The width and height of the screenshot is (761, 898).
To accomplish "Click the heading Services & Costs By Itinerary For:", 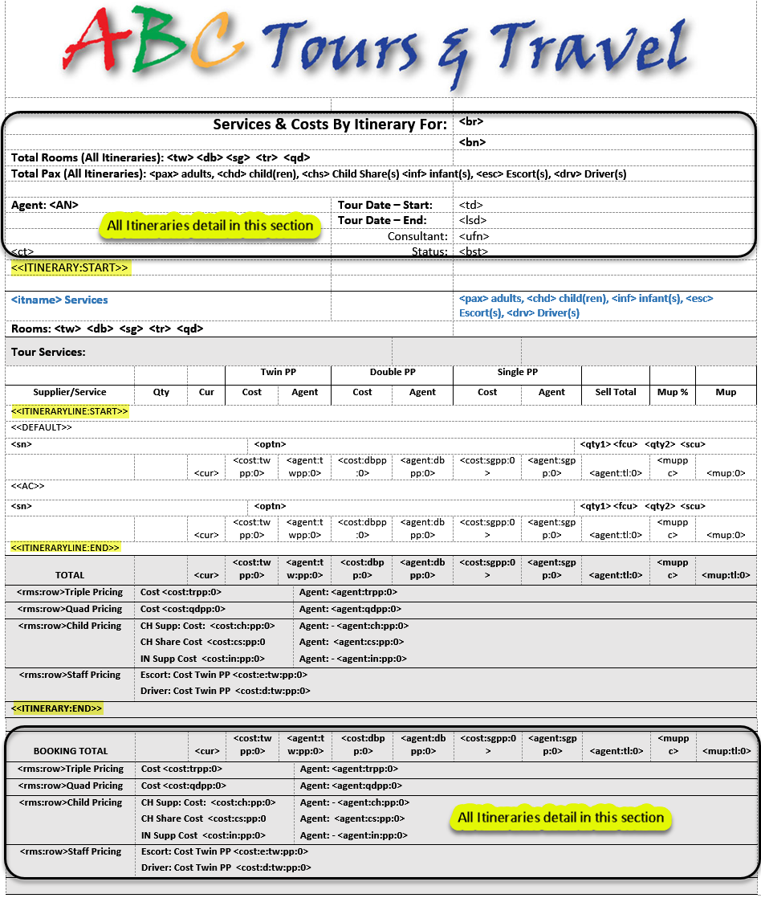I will point(330,124).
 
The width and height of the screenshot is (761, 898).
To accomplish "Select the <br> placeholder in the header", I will point(471,122).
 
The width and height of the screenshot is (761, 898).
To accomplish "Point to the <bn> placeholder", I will point(472,142).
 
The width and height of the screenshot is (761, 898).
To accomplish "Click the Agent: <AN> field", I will point(45,205).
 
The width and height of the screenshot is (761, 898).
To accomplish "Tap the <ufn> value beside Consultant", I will point(474,236).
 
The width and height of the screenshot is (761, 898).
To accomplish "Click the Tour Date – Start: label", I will point(385,205).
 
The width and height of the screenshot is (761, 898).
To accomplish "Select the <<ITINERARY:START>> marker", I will point(69,267).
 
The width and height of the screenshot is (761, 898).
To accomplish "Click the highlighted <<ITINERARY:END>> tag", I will point(56,708).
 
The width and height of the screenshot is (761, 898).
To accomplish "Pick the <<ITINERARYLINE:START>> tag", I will point(69,411).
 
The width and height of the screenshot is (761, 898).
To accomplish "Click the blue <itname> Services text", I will point(59,300).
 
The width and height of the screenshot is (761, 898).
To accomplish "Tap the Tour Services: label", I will point(48,352).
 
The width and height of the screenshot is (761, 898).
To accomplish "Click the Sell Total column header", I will point(616,392).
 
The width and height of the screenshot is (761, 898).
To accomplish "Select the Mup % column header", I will point(673,392).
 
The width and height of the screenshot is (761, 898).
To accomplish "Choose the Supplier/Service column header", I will point(70,392).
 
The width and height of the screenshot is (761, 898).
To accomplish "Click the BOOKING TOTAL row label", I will point(71,751).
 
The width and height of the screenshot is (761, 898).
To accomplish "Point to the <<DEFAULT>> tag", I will point(42,427).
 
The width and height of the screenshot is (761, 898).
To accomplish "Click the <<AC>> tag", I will point(27,486).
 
